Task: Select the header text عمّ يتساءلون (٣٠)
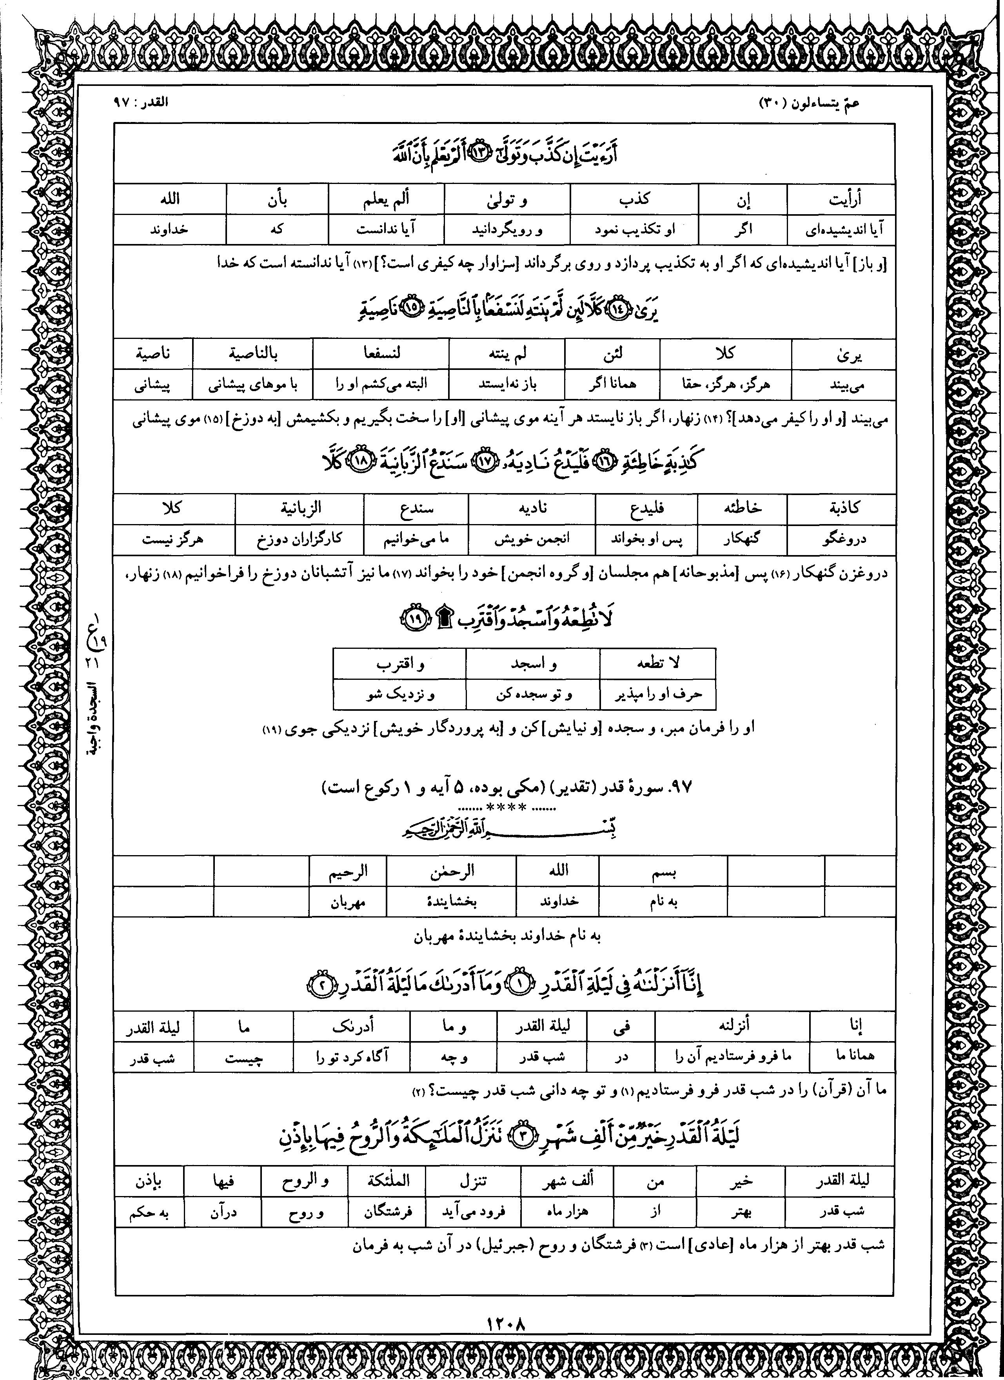pos(810,102)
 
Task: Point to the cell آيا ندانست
pos(386,230)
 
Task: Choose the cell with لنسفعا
pos(381,353)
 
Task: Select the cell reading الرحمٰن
pos(452,872)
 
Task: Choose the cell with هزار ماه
pos(567,1211)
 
